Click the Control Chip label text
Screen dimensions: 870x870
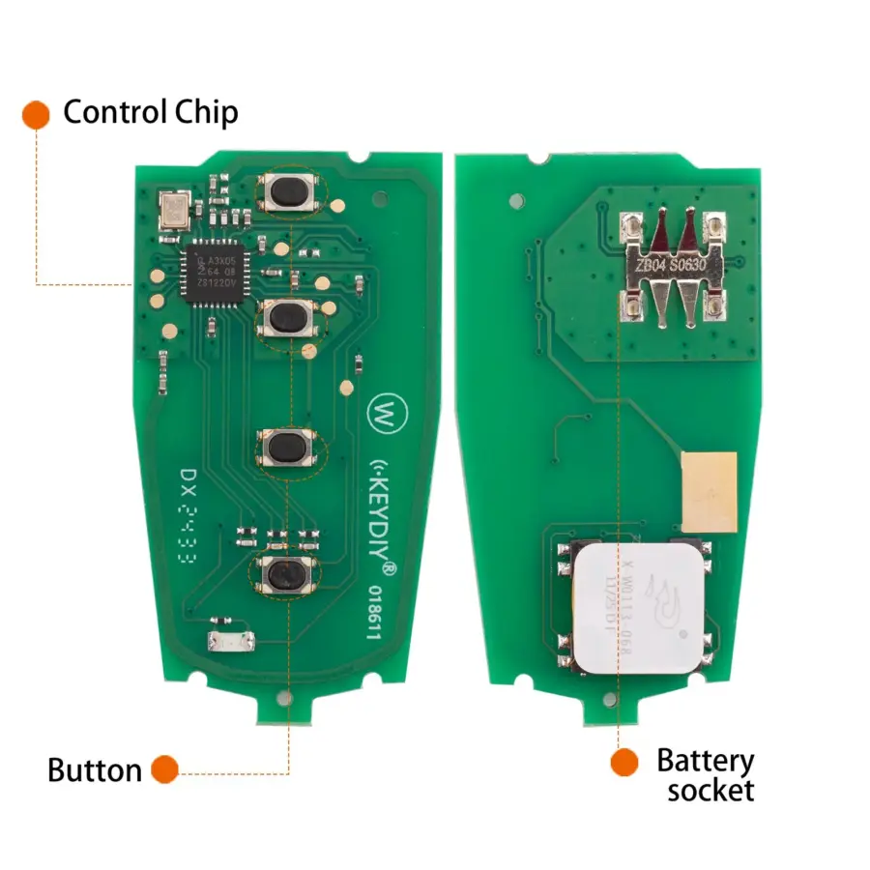coord(150,112)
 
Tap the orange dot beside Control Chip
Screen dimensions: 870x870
coord(36,113)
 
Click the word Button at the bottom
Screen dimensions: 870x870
coord(95,770)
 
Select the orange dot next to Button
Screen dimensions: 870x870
coord(164,770)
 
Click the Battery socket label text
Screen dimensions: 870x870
coord(705,775)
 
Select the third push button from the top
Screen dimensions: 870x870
coord(286,448)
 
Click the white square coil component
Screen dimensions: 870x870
coord(635,604)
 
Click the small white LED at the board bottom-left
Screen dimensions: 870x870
coord(233,640)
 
